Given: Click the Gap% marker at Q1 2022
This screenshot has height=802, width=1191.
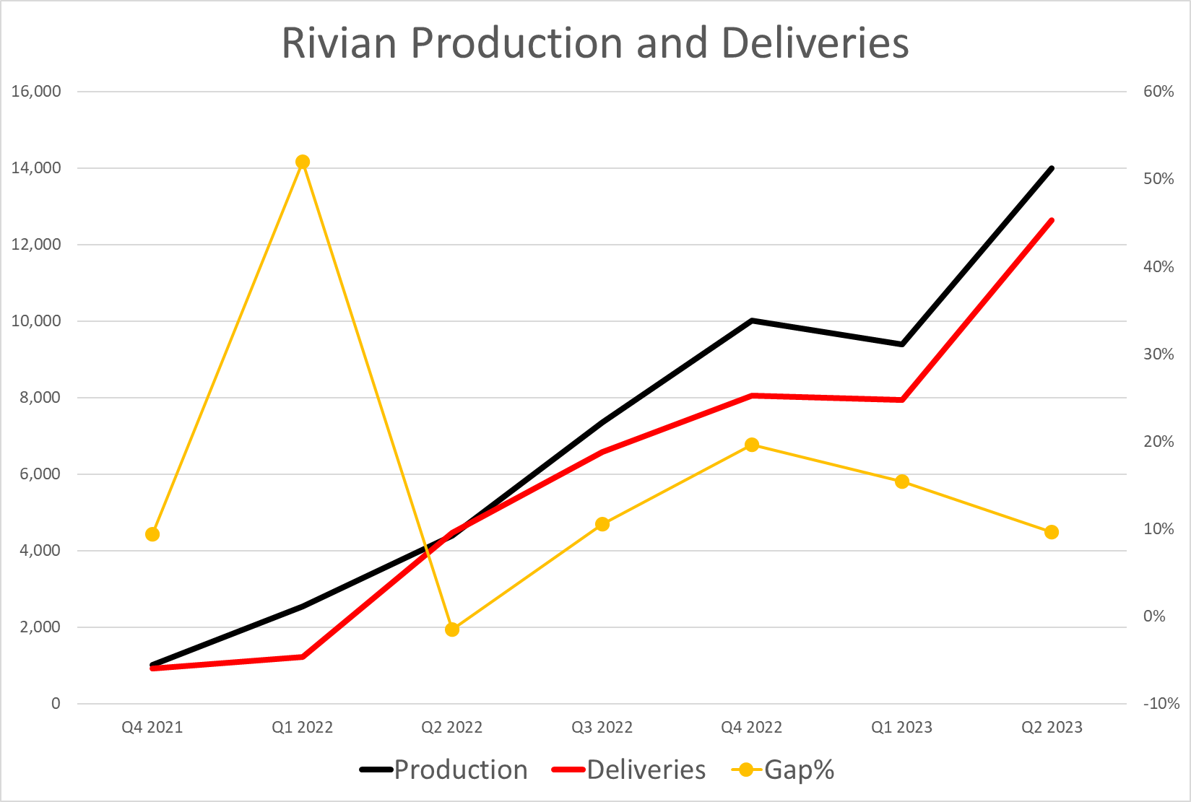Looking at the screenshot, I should point(303,162).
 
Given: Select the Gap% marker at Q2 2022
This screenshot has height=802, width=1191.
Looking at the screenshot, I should point(452,629).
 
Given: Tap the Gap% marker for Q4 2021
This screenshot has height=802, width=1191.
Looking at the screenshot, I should point(152,534).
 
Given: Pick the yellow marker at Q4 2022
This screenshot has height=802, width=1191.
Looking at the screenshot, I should point(752,445).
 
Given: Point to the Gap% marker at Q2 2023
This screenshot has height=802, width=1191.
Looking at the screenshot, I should point(1052,532).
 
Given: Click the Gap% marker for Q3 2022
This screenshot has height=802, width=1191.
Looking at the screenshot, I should point(602,524).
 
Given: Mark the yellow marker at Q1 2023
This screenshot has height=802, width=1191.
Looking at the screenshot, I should point(902,481).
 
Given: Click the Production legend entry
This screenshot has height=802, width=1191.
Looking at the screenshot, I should point(443,770).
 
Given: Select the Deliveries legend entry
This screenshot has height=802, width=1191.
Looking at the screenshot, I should point(628,770).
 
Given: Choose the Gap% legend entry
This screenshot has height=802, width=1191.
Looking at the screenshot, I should point(783,770).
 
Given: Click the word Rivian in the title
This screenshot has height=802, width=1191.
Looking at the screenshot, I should point(339,43).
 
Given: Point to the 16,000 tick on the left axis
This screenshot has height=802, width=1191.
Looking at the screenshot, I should point(36,92).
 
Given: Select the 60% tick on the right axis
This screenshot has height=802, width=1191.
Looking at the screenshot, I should point(1158,92).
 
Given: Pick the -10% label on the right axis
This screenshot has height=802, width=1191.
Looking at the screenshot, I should point(1161,703).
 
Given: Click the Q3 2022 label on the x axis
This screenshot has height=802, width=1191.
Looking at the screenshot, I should point(602,727).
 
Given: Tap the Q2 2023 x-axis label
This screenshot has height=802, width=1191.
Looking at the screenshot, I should point(1052,727).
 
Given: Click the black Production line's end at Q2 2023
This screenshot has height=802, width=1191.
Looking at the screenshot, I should point(1052,168).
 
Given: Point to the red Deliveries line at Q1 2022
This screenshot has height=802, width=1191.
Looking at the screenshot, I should point(303,656).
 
